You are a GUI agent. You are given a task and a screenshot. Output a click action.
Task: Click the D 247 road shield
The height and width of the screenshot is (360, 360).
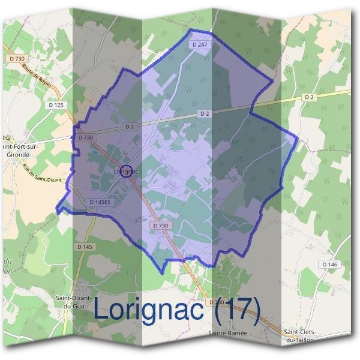click(200, 45)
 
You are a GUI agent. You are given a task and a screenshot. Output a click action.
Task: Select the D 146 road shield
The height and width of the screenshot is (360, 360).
click(329, 264)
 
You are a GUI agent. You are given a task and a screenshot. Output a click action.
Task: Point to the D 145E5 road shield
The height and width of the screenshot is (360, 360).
click(100, 202)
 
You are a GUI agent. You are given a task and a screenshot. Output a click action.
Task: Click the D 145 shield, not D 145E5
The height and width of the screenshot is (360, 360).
click(85, 247)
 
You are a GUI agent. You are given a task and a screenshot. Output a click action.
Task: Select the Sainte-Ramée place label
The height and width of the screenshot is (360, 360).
click(225, 332)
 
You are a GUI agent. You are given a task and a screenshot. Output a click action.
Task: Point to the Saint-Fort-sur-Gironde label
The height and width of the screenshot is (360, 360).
click(18, 149)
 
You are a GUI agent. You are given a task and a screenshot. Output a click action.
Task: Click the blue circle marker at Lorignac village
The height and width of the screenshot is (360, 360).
click(126, 171)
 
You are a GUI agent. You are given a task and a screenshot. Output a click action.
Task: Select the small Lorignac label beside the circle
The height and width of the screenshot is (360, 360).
click(125, 172)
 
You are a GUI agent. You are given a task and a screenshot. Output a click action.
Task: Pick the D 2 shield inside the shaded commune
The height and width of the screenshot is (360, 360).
click(204, 113)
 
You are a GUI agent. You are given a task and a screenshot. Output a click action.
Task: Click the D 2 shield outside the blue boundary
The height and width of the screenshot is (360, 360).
click(309, 97)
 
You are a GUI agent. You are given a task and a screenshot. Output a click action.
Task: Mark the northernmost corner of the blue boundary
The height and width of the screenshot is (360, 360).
click(191, 29)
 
